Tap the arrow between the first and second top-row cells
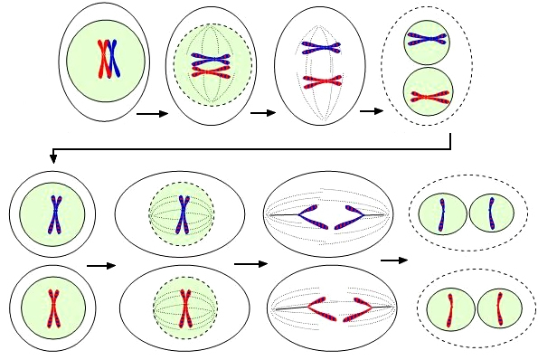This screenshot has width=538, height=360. [x=152, y=115]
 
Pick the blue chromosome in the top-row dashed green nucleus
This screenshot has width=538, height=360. [x=210, y=55]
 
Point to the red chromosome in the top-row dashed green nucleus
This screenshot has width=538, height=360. [x=210, y=71]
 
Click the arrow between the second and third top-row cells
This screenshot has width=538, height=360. [x=262, y=113]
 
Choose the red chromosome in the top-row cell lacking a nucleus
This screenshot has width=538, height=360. [x=320, y=82]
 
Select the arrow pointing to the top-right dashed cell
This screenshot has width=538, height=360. [x=371, y=112]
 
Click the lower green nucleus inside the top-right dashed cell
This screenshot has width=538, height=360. [x=428, y=92]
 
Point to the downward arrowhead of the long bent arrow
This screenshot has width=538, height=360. [x=53, y=159]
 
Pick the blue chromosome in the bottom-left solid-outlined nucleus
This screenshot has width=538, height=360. [x=53, y=213]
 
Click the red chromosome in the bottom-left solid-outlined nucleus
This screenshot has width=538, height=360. [x=53, y=303]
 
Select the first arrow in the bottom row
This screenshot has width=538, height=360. [x=101, y=266]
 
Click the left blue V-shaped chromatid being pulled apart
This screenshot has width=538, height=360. [x=303, y=215]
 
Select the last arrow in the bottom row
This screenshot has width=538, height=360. [x=392, y=261]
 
